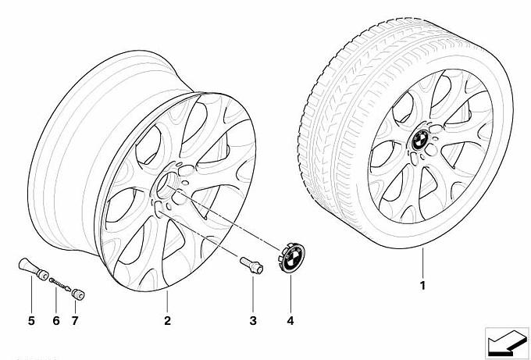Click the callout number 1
click(422, 286)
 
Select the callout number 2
click(167, 320)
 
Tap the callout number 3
click(253, 320)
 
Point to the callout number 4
click(290, 320)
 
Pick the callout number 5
click(31, 320)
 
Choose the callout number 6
click(56, 320)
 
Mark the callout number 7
click(75, 320)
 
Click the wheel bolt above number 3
click(251, 266)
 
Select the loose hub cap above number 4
click(291, 258)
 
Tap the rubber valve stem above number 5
click(33, 269)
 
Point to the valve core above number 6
click(59, 284)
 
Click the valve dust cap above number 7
click(78, 294)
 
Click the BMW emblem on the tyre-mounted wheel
click(421, 140)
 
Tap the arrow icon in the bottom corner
click(507, 342)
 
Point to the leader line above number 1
click(422, 263)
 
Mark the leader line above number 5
click(31, 294)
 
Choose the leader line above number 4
click(290, 294)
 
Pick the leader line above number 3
click(253, 294)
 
